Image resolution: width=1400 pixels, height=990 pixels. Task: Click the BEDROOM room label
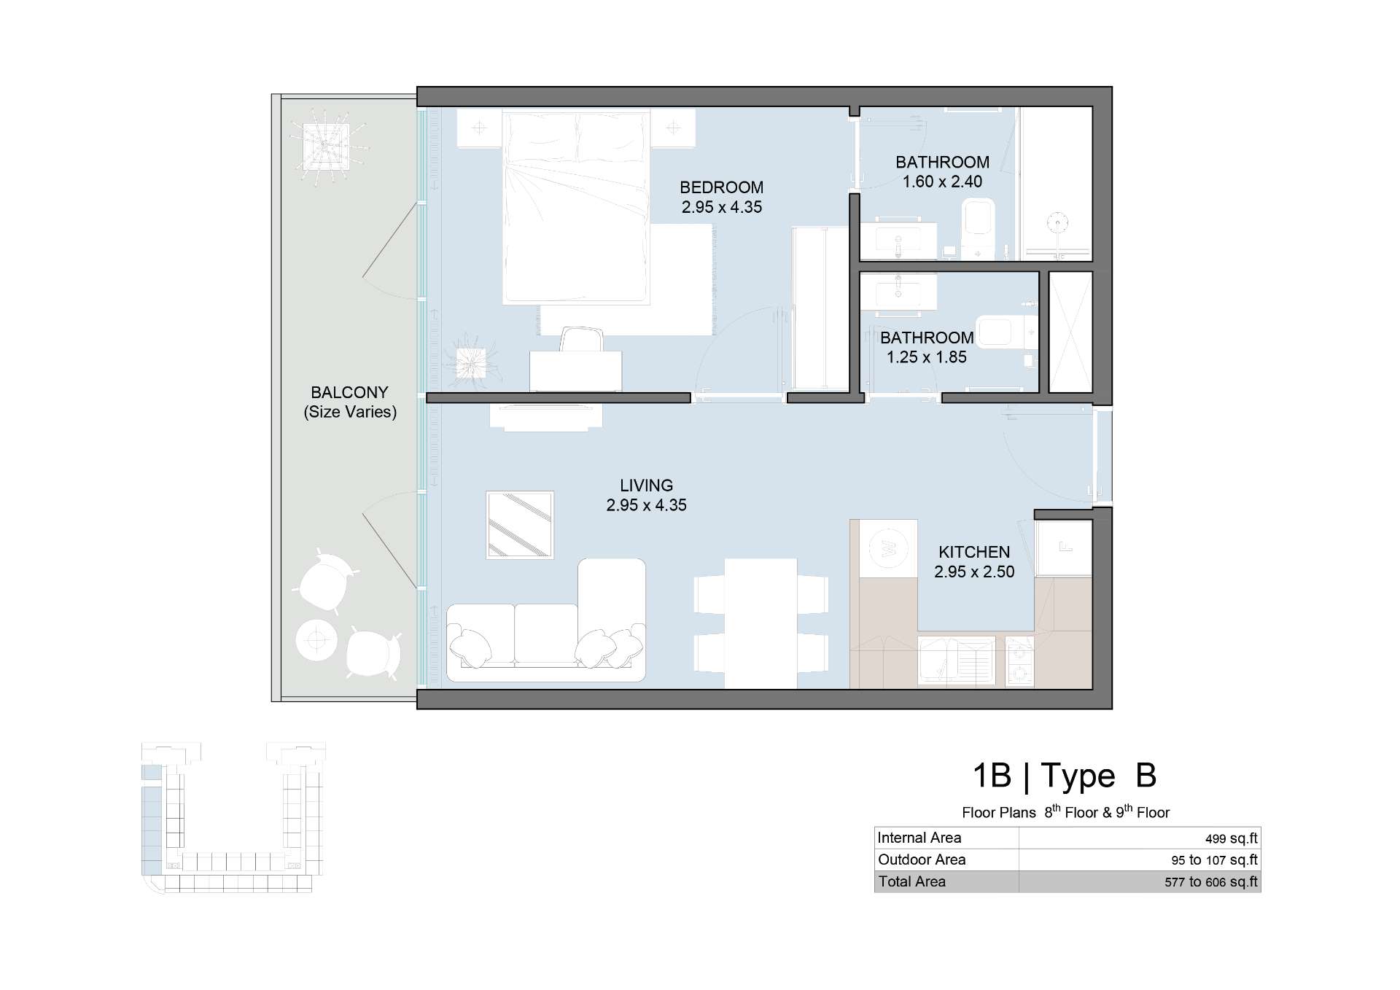721,187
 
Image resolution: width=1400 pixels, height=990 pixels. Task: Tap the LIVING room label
646,486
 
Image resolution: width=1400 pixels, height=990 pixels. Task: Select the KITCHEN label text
974,552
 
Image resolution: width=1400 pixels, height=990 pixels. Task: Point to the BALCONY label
349,392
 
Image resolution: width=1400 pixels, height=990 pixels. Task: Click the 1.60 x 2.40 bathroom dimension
942,182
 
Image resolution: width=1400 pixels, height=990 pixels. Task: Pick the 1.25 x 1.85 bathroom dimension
926,357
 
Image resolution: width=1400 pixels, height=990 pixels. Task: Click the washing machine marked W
889,548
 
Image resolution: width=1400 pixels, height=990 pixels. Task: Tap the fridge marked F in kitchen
1064,547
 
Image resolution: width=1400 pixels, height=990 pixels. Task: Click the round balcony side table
316,641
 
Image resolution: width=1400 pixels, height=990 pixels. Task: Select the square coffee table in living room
520,525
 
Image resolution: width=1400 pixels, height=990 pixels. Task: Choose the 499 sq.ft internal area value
1232,838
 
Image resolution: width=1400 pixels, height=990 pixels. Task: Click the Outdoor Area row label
922,860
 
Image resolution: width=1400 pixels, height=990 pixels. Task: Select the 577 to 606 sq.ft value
1211,881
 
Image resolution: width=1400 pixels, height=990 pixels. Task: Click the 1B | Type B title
1065,776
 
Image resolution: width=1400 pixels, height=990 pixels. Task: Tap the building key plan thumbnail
233,817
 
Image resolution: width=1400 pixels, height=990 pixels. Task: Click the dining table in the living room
761,623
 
